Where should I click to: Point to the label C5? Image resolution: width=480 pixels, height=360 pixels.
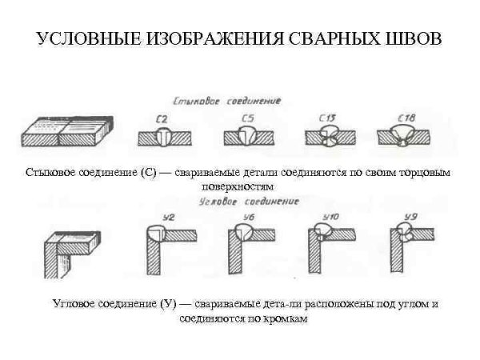247,120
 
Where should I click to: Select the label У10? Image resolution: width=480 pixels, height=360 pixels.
330,216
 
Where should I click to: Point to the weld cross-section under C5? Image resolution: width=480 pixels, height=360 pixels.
247,138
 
